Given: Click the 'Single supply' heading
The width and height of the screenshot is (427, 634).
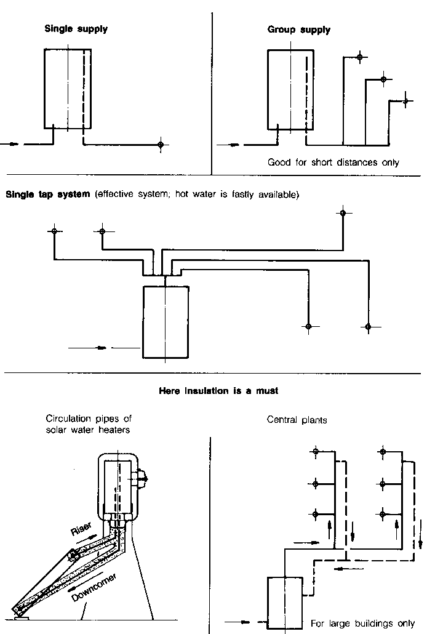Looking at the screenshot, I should pos(76,29).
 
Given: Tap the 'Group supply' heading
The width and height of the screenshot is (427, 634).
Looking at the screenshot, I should pos(298,30).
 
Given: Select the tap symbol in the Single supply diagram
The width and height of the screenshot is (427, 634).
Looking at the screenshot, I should pos(161,145).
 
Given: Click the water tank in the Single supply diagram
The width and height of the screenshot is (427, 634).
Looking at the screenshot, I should pos(68,89).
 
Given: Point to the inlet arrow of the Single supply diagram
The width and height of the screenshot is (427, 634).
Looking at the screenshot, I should pos(12,145).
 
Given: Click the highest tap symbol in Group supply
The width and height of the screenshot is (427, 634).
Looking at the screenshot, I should pos(361,58).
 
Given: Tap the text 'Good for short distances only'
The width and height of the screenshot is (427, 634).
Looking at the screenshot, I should pos(333,163).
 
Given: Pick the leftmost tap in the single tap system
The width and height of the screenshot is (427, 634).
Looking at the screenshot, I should pos(54,231).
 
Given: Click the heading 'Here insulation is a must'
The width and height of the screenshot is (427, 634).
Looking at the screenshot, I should pos(218,391).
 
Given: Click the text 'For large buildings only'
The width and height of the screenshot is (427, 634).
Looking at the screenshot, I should pos(362,624).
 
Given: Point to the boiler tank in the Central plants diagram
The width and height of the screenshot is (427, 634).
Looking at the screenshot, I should pos(284,601).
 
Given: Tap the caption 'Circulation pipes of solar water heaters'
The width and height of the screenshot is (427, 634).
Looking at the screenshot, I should pos(88,425).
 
